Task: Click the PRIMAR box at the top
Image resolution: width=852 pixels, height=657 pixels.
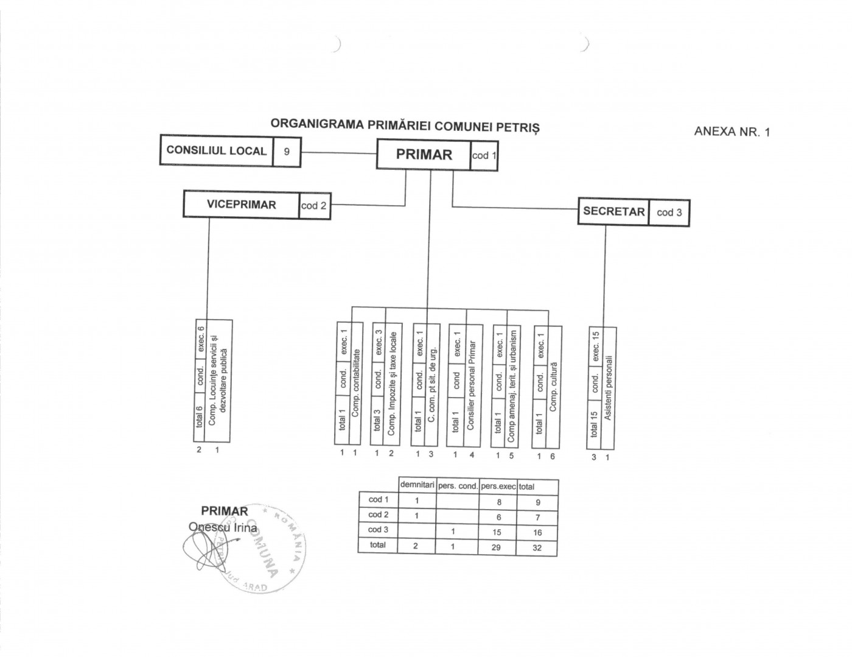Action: pyautogui.click(x=424, y=155)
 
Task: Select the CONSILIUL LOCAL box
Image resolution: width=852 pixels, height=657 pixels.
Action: pyautogui.click(x=216, y=150)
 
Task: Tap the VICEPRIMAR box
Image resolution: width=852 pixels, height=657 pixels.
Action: pyautogui.click(x=241, y=205)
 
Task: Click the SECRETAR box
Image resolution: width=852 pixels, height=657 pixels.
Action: pyautogui.click(x=613, y=212)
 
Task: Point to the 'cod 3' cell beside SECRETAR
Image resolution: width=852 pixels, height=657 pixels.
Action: pyautogui.click(x=669, y=213)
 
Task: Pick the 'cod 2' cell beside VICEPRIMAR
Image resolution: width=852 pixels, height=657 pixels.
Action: pyautogui.click(x=314, y=206)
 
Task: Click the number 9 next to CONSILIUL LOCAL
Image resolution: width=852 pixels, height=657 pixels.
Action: pyautogui.click(x=287, y=151)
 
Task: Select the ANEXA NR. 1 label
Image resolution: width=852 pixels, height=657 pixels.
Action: pyautogui.click(x=732, y=132)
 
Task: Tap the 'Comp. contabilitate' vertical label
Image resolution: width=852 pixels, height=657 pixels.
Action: pyautogui.click(x=356, y=383)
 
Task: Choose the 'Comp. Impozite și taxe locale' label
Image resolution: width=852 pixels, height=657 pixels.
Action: pyautogui.click(x=392, y=383)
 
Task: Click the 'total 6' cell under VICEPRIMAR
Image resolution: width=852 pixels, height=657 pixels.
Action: pyautogui.click(x=199, y=417)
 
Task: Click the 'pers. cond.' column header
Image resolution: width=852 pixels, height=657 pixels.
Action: pyautogui.click(x=457, y=486)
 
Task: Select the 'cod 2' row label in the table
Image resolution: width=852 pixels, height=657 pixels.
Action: pyautogui.click(x=378, y=515)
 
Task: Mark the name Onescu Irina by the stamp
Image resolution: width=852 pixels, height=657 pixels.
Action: pyautogui.click(x=223, y=527)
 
